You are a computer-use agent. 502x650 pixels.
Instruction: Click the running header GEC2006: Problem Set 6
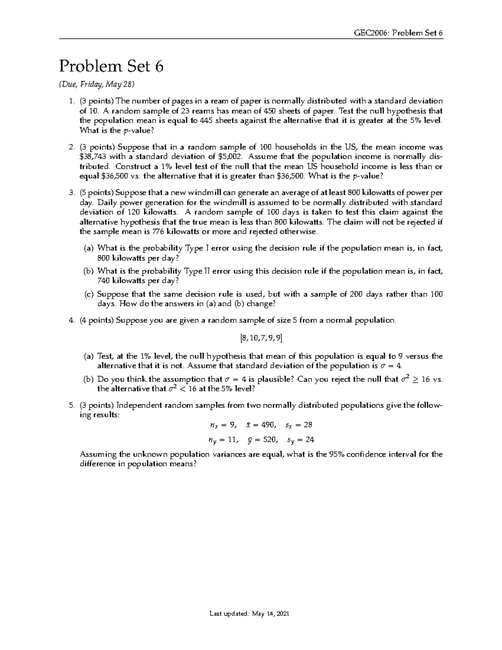click(x=398, y=33)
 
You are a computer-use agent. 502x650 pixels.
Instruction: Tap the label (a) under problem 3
click(x=89, y=248)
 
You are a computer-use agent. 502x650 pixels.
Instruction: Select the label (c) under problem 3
click(x=89, y=294)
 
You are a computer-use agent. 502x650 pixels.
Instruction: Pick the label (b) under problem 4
click(x=89, y=379)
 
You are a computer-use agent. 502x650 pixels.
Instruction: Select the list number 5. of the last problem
click(x=71, y=405)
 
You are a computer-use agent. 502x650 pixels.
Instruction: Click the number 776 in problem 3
click(x=158, y=231)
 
